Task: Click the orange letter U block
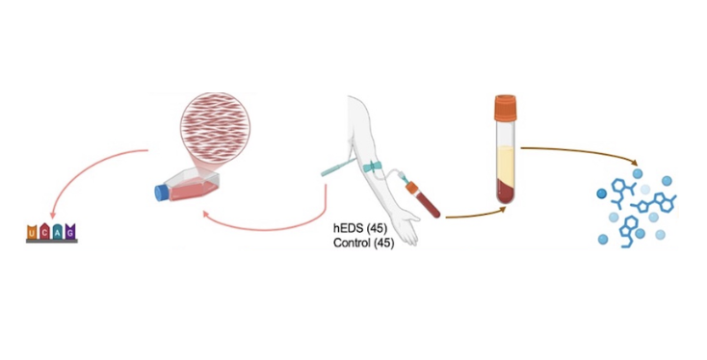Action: [33, 232]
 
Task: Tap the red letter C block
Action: [44, 232]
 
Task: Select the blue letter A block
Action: [58, 232]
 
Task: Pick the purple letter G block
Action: [70, 232]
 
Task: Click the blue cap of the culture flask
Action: [161, 193]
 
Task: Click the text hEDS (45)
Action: [360, 228]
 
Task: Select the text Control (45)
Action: [363, 243]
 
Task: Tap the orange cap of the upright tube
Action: [505, 108]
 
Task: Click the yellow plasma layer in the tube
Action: [506, 165]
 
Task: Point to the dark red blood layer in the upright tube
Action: [506, 191]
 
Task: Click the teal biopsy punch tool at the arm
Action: [339, 166]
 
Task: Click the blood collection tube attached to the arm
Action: [423, 198]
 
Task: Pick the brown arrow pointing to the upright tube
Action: [475, 214]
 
